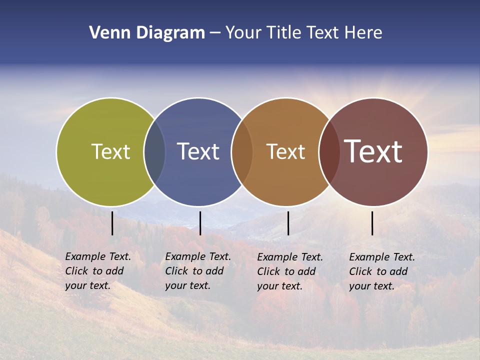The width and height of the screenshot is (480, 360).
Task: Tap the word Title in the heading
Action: (283, 33)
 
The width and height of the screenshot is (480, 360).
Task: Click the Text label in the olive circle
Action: (110, 151)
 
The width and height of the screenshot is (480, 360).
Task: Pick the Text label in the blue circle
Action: (198, 151)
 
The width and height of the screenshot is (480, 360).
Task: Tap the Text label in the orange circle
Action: (285, 151)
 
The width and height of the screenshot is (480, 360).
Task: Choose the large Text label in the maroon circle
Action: (373, 151)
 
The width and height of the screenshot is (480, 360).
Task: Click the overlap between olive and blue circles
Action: (154, 151)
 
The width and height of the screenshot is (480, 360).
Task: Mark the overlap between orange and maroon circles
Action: (329, 151)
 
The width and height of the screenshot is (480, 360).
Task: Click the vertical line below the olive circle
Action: (112, 223)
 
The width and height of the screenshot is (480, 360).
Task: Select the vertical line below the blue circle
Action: (200, 223)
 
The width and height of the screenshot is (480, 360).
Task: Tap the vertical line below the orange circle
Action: (288, 223)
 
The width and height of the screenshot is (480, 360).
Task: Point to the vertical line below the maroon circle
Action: (372, 223)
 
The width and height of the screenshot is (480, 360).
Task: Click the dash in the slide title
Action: (215, 33)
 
